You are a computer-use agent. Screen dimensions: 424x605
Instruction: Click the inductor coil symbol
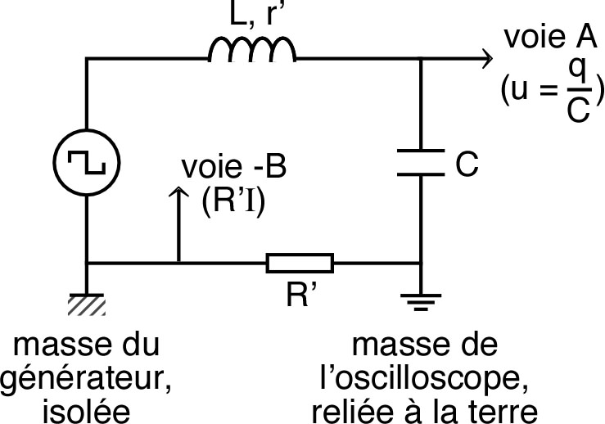pos(251,51)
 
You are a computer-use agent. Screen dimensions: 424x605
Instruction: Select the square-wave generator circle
pos(86,160)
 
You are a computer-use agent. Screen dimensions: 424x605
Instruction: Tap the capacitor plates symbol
pos(419,162)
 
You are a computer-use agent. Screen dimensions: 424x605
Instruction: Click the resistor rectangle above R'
pos(300,263)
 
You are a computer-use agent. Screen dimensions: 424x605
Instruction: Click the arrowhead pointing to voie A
pos(486,58)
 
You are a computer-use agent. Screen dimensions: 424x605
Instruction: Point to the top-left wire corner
pos(86,58)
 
